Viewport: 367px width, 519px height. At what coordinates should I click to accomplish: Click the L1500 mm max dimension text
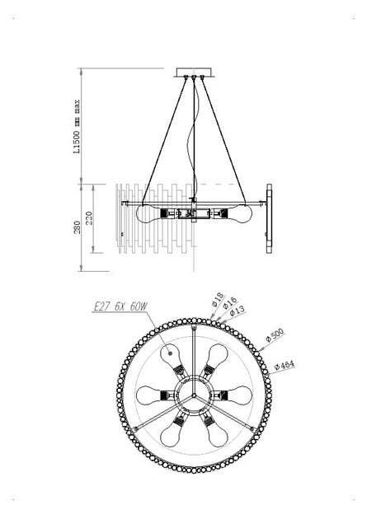tap(77, 126)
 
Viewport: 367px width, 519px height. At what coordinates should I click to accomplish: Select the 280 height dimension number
tap(77, 227)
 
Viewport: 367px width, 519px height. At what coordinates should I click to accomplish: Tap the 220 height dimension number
tap(89, 217)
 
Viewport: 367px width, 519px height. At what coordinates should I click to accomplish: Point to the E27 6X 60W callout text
tap(120, 306)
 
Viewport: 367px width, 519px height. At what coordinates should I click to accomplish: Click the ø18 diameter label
tap(218, 300)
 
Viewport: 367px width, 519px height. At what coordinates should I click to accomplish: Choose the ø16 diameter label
tap(229, 303)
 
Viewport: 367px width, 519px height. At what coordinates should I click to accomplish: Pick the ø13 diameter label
tap(238, 311)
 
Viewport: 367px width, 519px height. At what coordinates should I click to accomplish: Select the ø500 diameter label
tap(275, 334)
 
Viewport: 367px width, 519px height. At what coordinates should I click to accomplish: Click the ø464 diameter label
tap(285, 366)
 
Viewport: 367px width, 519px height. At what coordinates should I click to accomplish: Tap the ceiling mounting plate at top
tap(194, 72)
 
